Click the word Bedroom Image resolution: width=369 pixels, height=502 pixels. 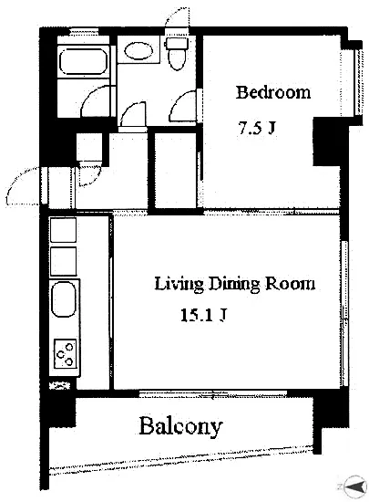(273, 92)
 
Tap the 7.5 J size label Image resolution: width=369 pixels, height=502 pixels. (256, 128)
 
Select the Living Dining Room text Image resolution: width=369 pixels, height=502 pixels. (235, 284)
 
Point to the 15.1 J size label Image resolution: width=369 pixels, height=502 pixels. (204, 315)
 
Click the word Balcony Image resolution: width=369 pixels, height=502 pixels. (180, 426)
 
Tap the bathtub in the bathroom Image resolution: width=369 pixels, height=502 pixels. (83, 61)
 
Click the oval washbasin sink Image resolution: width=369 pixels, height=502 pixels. (138, 50)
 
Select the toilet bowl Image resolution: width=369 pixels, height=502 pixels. (178, 60)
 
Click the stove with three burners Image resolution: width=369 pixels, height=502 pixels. (66, 353)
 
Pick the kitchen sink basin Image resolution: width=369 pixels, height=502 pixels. (64, 299)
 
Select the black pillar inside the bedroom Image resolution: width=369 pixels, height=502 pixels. (326, 141)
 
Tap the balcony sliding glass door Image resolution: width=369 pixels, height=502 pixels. (213, 393)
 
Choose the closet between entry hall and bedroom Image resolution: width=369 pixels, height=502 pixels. (175, 171)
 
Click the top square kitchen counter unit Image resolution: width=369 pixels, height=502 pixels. (63, 230)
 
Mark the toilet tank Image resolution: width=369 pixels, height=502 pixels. (178, 43)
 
